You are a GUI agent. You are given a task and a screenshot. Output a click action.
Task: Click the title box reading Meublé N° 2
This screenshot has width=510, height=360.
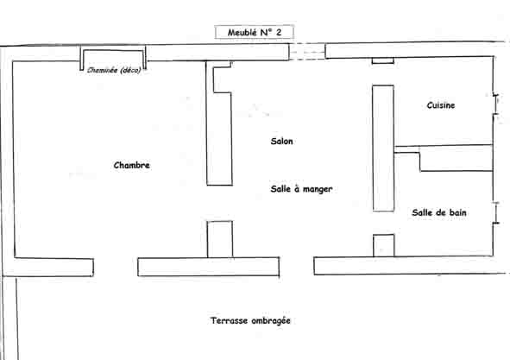(254, 32)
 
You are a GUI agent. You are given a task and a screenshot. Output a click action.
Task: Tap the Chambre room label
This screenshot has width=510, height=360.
(132, 165)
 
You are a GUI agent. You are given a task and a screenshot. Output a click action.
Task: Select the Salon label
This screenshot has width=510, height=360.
(281, 141)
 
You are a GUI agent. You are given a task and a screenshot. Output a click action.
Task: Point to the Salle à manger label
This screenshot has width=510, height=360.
(301, 189)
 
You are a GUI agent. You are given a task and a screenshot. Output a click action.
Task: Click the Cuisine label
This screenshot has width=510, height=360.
(441, 105)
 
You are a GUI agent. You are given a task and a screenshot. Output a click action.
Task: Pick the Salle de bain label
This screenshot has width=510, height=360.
(439, 212)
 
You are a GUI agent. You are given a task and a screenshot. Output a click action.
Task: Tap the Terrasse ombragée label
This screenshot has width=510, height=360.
(250, 320)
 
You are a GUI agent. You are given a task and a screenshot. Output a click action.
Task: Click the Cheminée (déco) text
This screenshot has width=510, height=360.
(114, 70)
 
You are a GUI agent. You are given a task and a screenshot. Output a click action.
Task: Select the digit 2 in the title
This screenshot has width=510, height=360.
(279, 32)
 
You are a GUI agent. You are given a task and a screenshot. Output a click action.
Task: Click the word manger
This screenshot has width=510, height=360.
(317, 189)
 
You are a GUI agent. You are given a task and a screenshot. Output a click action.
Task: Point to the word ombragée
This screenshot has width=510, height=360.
(271, 321)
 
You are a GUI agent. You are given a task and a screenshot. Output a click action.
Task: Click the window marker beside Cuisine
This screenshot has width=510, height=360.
(495, 104)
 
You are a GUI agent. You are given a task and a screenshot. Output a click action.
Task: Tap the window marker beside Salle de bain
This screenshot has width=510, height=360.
(496, 213)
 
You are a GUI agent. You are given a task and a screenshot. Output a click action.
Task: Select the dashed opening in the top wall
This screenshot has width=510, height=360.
(307, 52)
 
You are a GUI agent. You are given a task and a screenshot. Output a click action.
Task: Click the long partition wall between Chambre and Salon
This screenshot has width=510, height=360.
(219, 123)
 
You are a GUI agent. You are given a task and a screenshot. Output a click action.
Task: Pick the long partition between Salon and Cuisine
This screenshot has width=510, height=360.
(383, 148)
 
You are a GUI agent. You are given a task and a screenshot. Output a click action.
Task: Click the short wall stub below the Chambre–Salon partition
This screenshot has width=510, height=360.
(220, 239)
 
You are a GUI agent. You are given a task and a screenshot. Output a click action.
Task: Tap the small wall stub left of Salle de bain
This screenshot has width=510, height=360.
(383, 245)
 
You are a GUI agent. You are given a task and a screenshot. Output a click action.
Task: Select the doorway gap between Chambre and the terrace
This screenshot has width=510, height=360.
(116, 268)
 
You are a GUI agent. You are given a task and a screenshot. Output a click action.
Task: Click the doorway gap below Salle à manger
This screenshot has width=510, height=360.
(297, 266)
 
